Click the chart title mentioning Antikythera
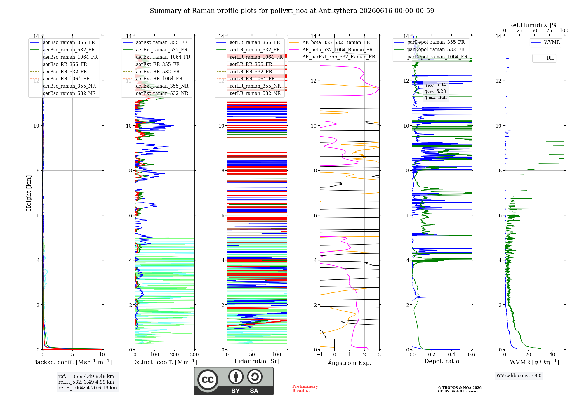292,11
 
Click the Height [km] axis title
29,193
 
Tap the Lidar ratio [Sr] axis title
257,361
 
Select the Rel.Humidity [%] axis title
534,25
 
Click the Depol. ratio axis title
442,361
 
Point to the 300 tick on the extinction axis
194,355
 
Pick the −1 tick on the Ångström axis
320,355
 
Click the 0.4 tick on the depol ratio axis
452,355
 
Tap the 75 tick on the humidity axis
549,30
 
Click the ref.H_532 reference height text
86,382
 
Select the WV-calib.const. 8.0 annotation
519,376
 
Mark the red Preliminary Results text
305,389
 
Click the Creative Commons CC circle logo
208,380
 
